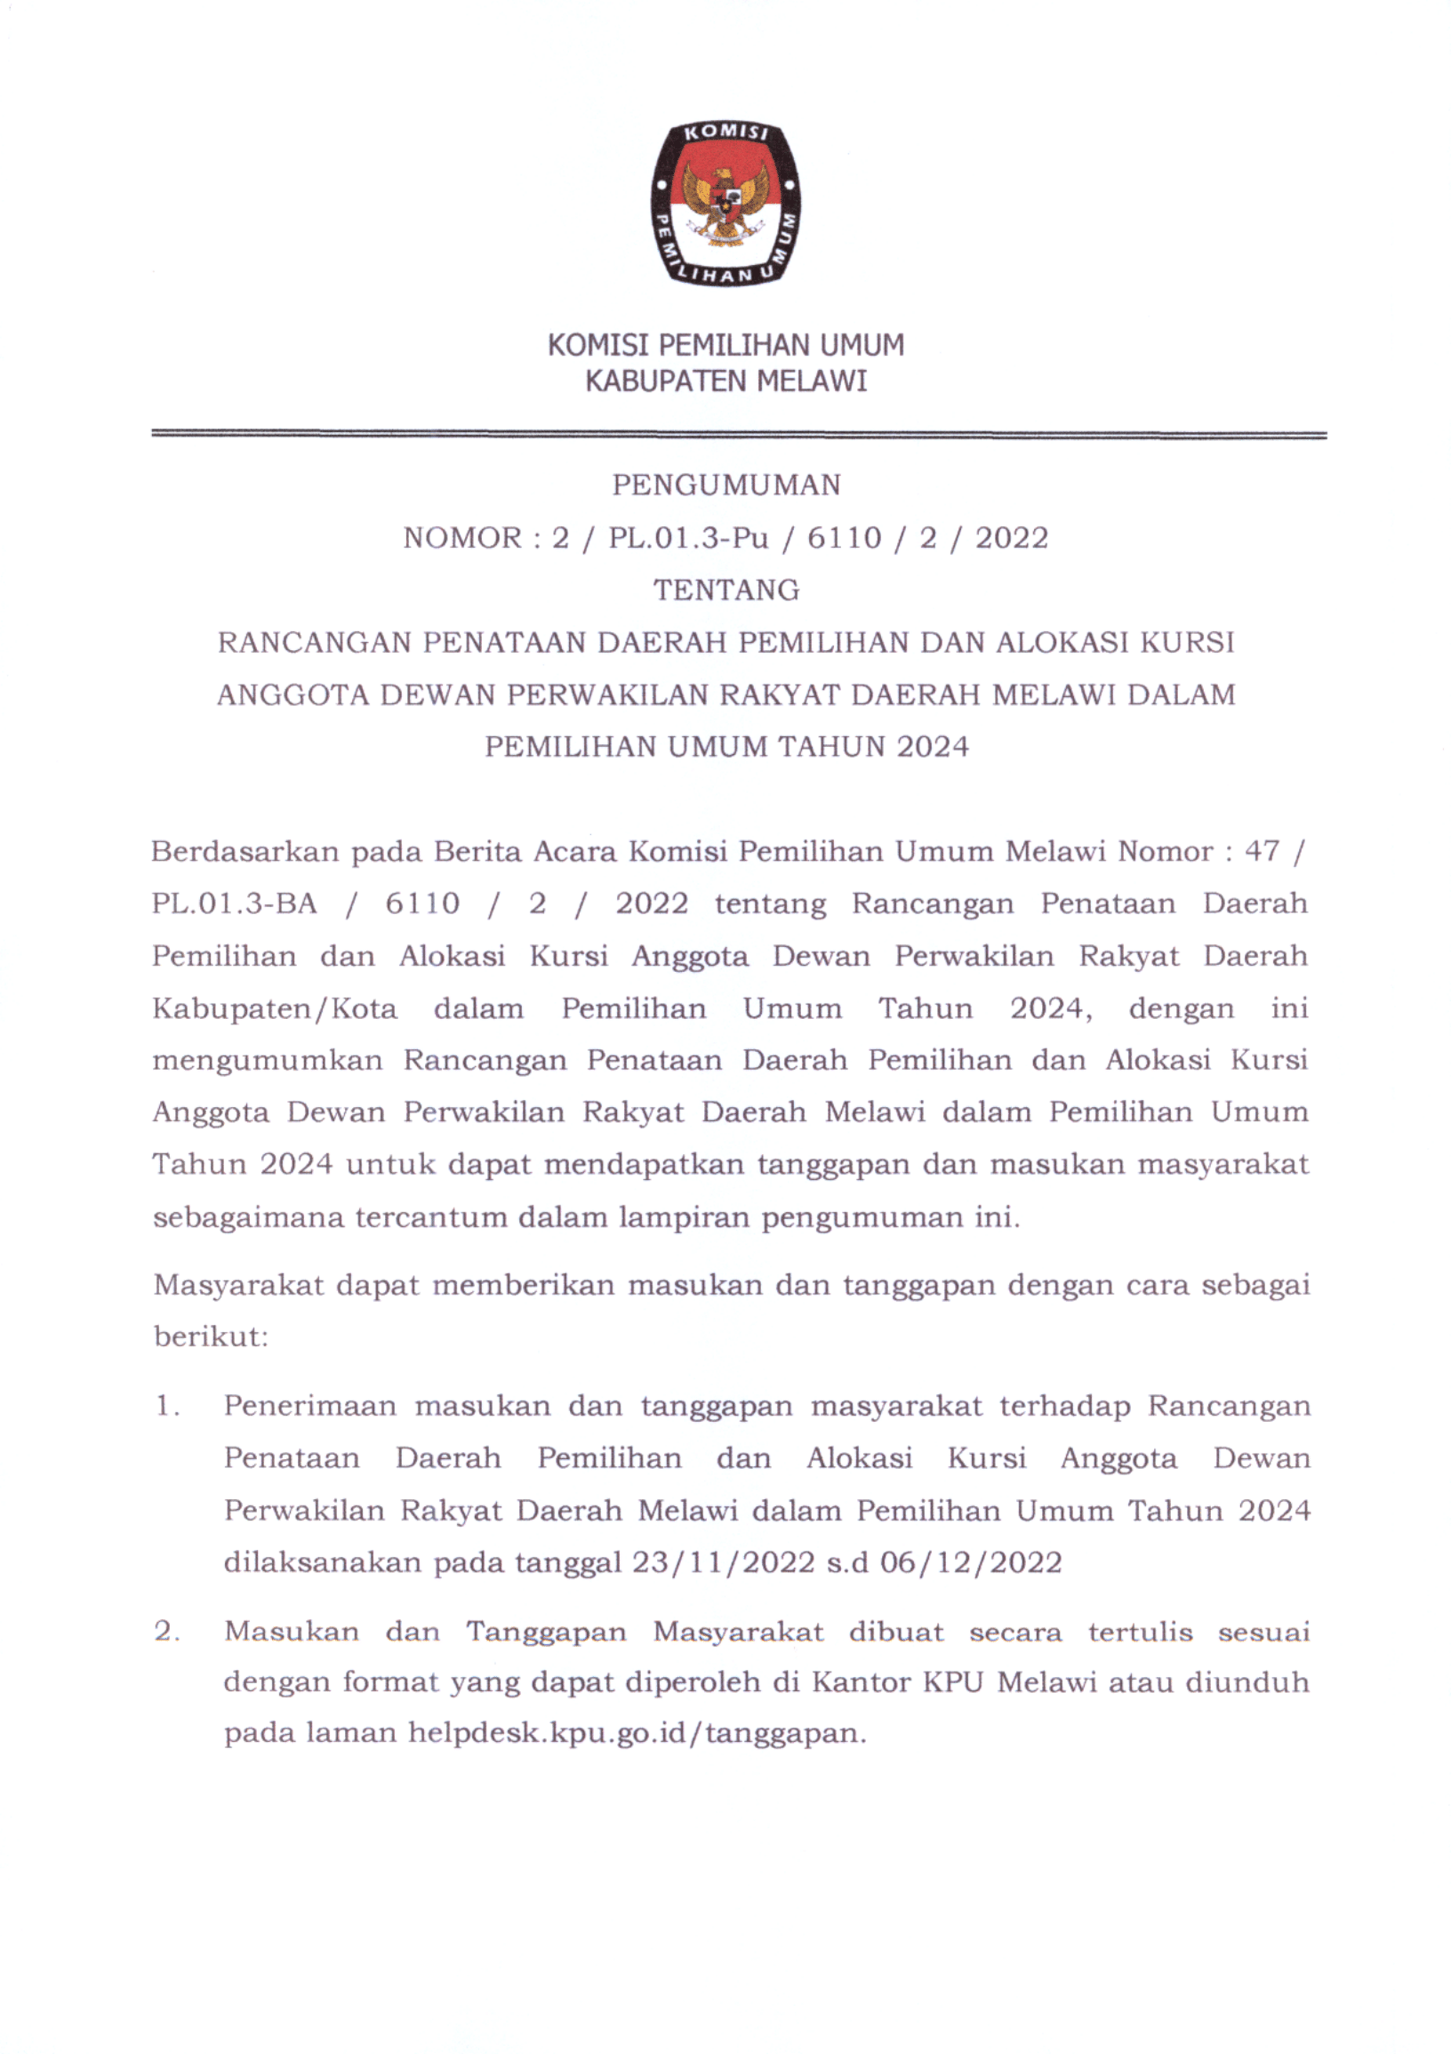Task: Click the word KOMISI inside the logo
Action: tap(725, 133)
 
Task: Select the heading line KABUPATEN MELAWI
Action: tap(725, 382)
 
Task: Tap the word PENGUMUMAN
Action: tap(725, 485)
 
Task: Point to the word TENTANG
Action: tap(725, 590)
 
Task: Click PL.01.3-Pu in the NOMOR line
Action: tap(688, 539)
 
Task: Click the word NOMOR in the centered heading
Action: tap(462, 539)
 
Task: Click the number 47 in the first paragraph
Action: tap(1262, 851)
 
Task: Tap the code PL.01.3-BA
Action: tap(234, 903)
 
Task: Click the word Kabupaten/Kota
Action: tap(274, 1009)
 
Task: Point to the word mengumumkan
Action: tap(267, 1061)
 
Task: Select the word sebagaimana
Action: tap(248, 1217)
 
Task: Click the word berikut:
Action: tap(211, 1337)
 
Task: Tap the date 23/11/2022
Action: tap(723, 1563)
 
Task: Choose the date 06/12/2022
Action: tap(971, 1563)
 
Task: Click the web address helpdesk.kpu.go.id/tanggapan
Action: tap(636, 1735)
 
